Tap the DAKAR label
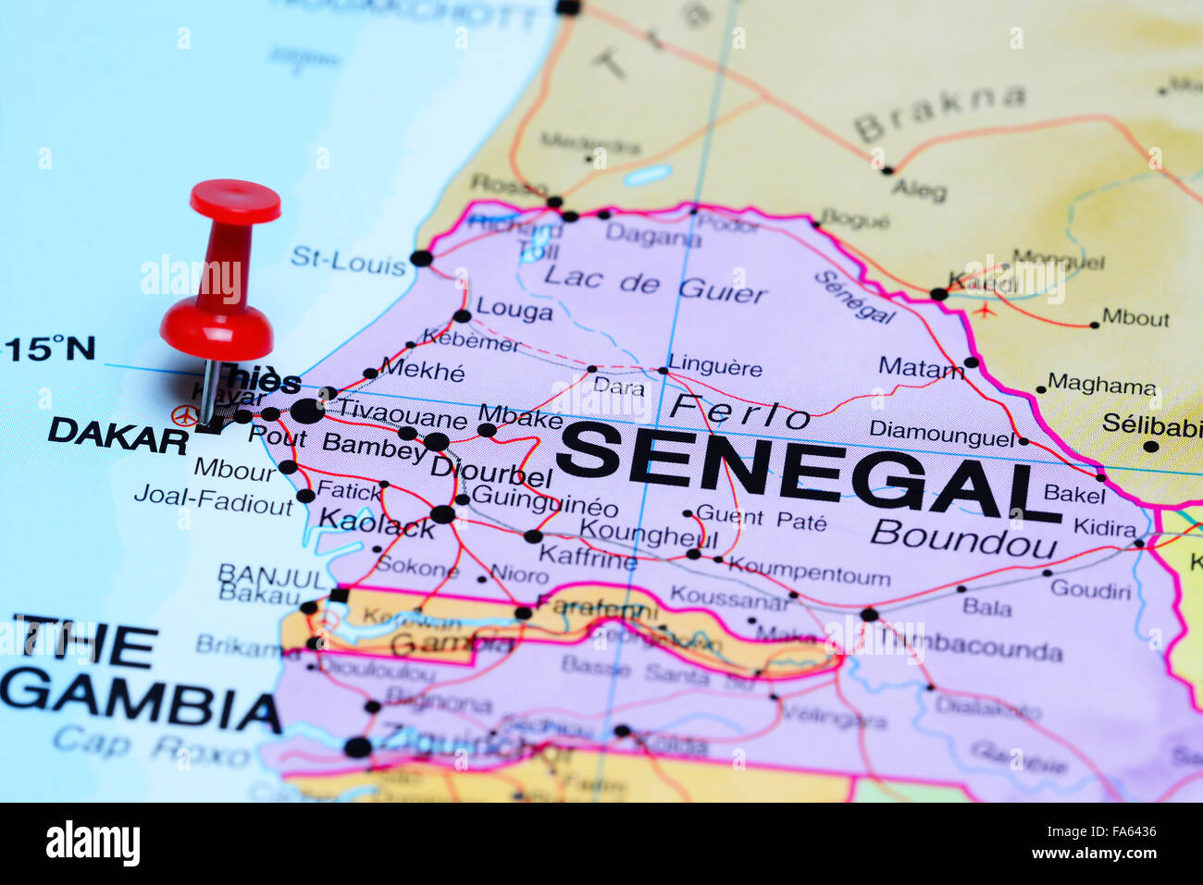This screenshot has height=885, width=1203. click(x=118, y=435)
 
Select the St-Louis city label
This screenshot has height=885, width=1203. click(x=348, y=261)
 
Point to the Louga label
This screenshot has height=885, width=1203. click(x=514, y=310)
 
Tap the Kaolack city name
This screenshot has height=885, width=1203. click(x=376, y=523)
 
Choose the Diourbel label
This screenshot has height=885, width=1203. click(x=491, y=473)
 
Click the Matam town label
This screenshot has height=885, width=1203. click(x=920, y=368)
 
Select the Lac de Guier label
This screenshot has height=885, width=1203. click(x=655, y=284)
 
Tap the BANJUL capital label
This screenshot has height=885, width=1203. click(x=272, y=575)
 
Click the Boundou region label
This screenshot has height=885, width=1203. click(x=962, y=538)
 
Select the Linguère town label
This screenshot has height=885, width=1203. click(x=715, y=366)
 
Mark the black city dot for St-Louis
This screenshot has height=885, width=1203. click(x=421, y=258)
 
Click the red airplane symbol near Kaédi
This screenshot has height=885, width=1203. click(x=984, y=310)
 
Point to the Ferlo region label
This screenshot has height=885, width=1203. click(x=739, y=411)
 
